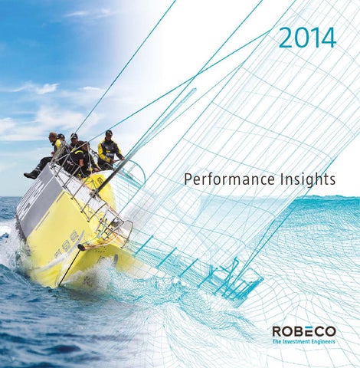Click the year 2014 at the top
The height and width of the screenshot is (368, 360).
(x=307, y=38)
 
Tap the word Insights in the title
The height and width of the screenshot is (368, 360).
(x=308, y=180)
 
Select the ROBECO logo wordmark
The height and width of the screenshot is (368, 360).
(x=304, y=331)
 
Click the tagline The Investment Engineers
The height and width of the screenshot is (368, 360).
(x=304, y=341)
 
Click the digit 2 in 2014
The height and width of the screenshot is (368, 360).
(x=285, y=38)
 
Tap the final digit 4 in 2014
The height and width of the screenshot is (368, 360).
(x=329, y=38)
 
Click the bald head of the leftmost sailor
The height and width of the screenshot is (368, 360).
(x=53, y=136)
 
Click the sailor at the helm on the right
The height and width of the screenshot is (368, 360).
(x=110, y=151)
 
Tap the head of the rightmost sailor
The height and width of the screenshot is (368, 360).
(x=109, y=134)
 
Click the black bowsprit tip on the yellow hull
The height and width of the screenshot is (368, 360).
(x=82, y=247)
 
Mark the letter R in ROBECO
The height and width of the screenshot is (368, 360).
(x=277, y=331)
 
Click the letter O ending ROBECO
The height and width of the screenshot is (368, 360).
(x=330, y=331)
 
